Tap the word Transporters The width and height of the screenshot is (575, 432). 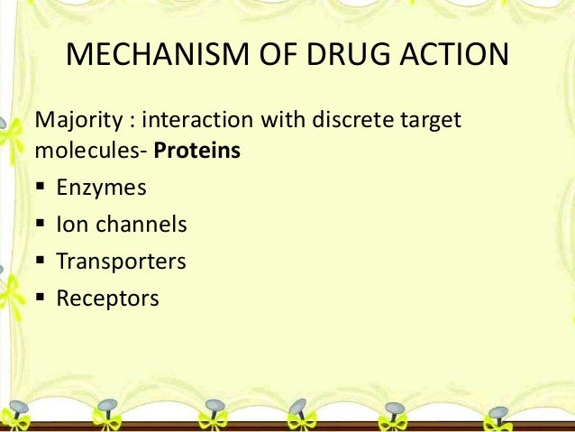(x=121, y=262)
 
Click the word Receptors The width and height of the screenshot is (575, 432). (x=107, y=298)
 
